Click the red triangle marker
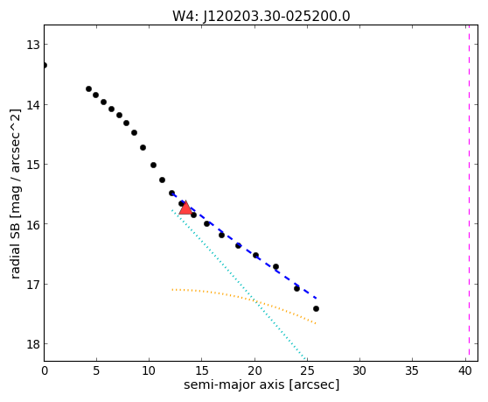(185, 208)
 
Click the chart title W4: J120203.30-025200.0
(261, 16)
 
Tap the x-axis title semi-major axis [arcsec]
(261, 384)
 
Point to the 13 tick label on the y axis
(32, 45)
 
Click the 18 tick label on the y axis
(32, 344)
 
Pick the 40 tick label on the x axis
(465, 370)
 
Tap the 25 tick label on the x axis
(307, 370)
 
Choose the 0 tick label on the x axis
(45, 370)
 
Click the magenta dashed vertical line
(469, 193)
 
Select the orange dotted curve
(244, 299)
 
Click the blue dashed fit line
(244, 246)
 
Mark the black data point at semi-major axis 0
(45, 65)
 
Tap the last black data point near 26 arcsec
(316, 309)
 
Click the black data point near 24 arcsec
(296, 288)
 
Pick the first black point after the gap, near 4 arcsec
(88, 88)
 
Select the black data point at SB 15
(153, 166)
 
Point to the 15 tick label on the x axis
(202, 370)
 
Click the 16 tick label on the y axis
(32, 223)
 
